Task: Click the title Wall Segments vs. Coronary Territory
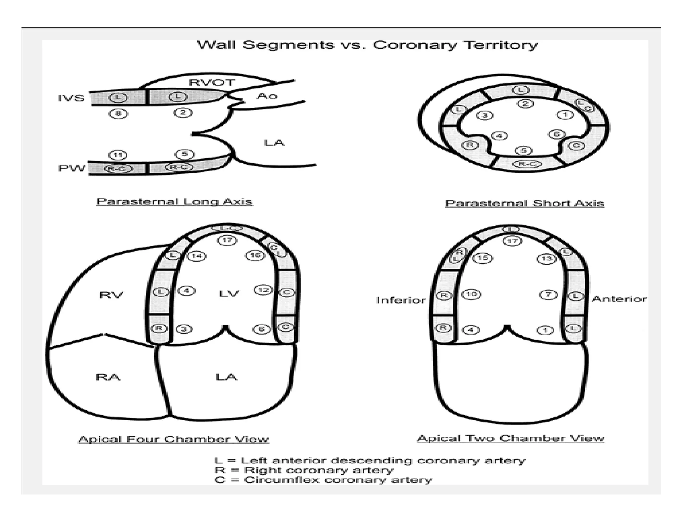[x=367, y=45]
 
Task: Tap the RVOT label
[x=212, y=83]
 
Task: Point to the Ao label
[x=267, y=96]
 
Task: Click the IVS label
[x=71, y=98]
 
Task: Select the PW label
[x=72, y=168]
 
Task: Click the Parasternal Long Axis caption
[x=174, y=202]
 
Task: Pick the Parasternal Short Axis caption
[x=524, y=203]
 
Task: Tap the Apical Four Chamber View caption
[x=173, y=439]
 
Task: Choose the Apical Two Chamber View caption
[x=510, y=438]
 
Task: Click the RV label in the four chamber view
[x=111, y=295]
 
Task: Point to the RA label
[x=108, y=377]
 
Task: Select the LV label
[x=229, y=294]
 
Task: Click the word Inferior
[x=401, y=300]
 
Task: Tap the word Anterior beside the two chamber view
[x=619, y=299]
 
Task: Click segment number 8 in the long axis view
[x=118, y=114]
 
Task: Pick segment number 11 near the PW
[x=118, y=155]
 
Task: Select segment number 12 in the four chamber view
[x=263, y=290]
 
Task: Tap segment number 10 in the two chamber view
[x=471, y=295]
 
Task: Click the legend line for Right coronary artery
[x=304, y=470]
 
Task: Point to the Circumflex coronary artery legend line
[x=322, y=480]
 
